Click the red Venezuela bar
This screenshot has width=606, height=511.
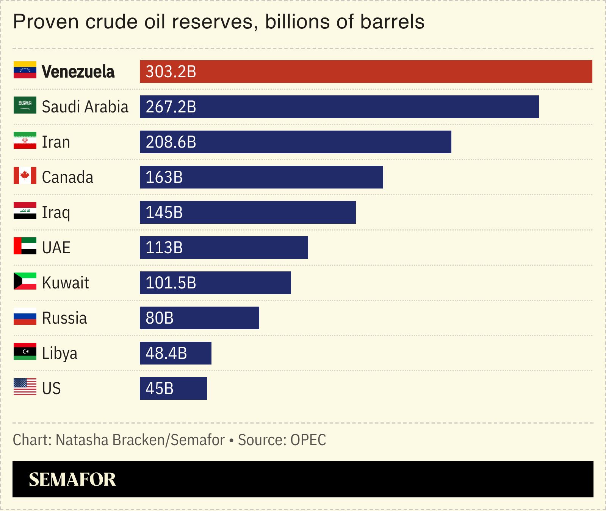(x=366, y=72)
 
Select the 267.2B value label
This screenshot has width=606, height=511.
(x=171, y=107)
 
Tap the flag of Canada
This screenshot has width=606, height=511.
(x=25, y=176)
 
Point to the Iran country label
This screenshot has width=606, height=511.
(x=56, y=142)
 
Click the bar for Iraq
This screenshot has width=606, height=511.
(x=247, y=212)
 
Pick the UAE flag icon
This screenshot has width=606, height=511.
(x=25, y=246)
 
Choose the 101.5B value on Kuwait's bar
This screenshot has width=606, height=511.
(x=171, y=283)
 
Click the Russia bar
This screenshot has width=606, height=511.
(x=199, y=318)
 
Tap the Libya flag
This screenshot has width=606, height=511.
(x=25, y=352)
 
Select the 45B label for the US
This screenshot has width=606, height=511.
(x=159, y=389)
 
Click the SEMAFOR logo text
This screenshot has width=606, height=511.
(x=72, y=480)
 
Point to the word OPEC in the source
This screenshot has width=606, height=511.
(x=308, y=440)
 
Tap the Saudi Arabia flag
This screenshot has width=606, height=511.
(x=25, y=105)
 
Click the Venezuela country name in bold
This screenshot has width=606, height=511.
(x=78, y=72)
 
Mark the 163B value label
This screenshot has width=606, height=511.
(x=164, y=178)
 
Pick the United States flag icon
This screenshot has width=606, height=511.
(x=25, y=387)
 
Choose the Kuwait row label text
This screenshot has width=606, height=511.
(x=65, y=283)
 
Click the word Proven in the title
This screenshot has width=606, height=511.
(x=46, y=22)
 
